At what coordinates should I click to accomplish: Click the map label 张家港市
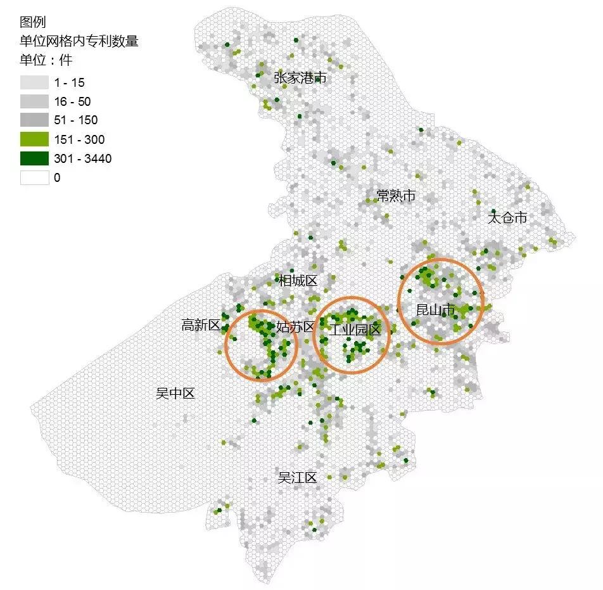coord(300,78)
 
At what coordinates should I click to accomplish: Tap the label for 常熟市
coord(396,196)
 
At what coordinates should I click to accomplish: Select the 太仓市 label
coord(507,217)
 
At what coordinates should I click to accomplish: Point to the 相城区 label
coord(298,280)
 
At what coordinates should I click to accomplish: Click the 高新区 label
coord(201,325)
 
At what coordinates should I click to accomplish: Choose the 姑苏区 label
coord(295,327)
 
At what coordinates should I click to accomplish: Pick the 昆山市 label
coord(436,310)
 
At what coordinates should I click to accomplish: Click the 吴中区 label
coord(175,394)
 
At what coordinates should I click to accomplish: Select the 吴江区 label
coord(297,478)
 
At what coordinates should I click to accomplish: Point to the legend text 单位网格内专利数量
coord(79,42)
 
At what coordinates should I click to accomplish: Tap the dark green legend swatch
coord(34,158)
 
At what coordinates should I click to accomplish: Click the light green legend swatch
coord(34,139)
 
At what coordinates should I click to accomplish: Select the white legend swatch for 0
coord(34,177)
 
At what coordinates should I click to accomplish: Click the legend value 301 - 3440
coord(82,158)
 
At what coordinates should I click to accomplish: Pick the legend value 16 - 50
coord(72,101)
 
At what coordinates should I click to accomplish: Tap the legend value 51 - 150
coord(75,120)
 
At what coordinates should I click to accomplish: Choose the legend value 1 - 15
coord(69,82)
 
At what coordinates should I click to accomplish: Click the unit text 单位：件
coord(46,61)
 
